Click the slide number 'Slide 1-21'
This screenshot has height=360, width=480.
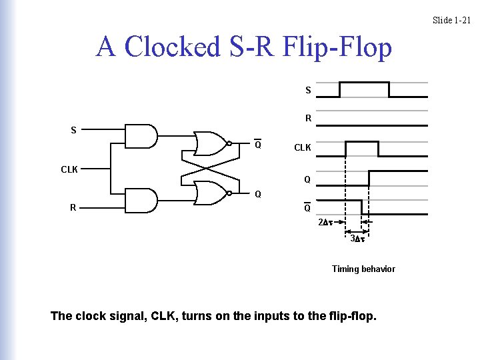(451, 20)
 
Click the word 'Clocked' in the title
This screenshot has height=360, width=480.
(172, 47)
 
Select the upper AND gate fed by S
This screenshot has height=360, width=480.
(142, 135)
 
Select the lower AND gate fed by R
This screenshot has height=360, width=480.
(142, 199)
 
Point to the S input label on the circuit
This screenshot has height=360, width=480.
(73, 130)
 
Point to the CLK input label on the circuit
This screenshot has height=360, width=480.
(69, 169)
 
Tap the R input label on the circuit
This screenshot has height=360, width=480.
(73, 207)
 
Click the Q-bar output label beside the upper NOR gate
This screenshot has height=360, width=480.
(257, 145)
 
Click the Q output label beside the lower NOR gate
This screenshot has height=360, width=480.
(257, 195)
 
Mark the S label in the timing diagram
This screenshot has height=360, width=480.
(308, 90)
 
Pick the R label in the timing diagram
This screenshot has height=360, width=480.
(308, 119)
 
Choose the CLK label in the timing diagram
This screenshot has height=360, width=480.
(303, 147)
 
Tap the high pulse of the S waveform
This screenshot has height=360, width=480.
(364, 83)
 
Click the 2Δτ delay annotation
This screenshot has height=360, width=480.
(325, 222)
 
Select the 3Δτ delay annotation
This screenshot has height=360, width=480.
(357, 238)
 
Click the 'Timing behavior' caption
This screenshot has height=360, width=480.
(363, 269)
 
